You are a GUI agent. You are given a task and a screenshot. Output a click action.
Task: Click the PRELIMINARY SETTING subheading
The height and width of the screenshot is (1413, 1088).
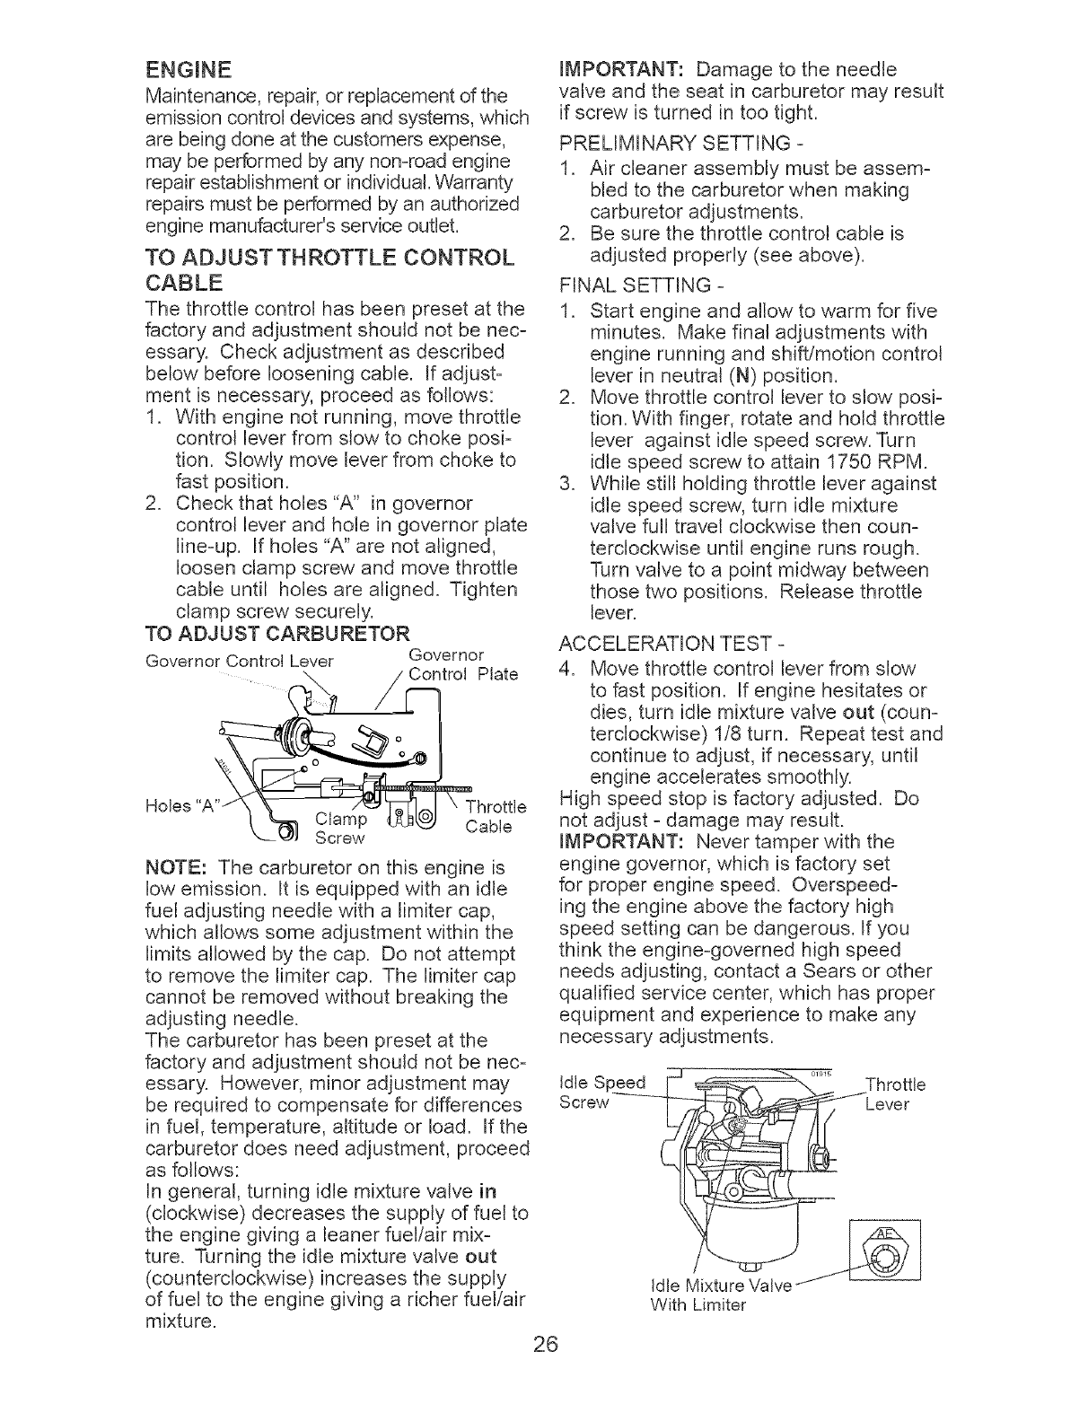click(x=675, y=145)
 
